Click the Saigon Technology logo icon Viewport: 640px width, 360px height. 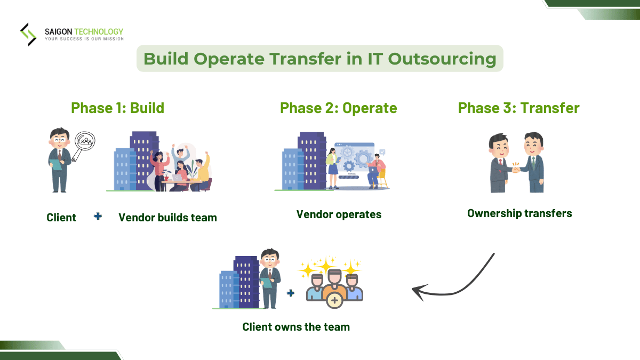28,34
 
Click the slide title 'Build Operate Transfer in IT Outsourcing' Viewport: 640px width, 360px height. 319,58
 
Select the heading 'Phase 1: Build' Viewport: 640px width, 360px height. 117,108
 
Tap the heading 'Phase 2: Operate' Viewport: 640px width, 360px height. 338,108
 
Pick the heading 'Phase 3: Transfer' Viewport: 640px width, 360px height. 518,108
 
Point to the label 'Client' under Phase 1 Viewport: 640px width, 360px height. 61,218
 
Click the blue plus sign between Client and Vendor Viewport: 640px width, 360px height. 98,216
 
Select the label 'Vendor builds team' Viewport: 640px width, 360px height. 167,218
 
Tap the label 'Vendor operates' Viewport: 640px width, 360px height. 339,214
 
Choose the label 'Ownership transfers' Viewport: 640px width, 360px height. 519,213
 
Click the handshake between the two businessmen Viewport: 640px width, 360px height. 516,168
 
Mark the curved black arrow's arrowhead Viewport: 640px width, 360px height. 419,291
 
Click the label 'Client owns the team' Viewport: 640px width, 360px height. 296,327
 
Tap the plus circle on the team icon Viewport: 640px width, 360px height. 334,301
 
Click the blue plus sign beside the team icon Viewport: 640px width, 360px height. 291,292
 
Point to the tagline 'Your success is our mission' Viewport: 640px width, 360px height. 84,39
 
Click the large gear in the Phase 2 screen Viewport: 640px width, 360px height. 364,158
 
